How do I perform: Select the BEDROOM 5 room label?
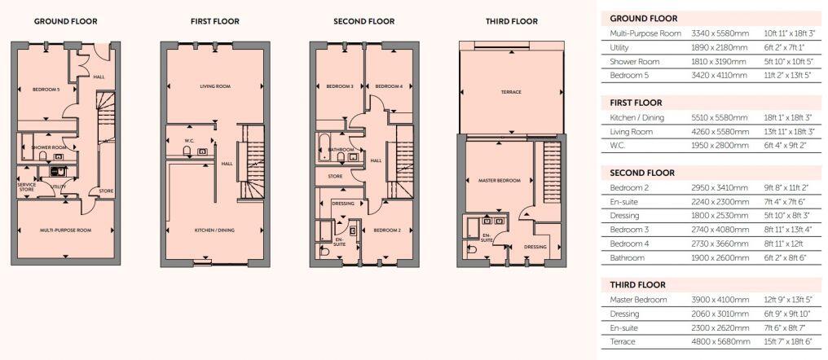pos(46,89)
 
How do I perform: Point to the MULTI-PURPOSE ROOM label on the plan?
pos(66,230)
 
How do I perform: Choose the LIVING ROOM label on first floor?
pos(216,86)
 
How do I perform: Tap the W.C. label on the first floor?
pos(188,140)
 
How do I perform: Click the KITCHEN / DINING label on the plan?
pos(214,230)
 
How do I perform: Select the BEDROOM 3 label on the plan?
pos(339,86)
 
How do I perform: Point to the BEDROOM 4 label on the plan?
pos(389,86)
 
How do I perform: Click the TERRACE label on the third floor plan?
pos(511,92)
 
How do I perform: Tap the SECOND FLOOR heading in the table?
pos(642,173)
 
